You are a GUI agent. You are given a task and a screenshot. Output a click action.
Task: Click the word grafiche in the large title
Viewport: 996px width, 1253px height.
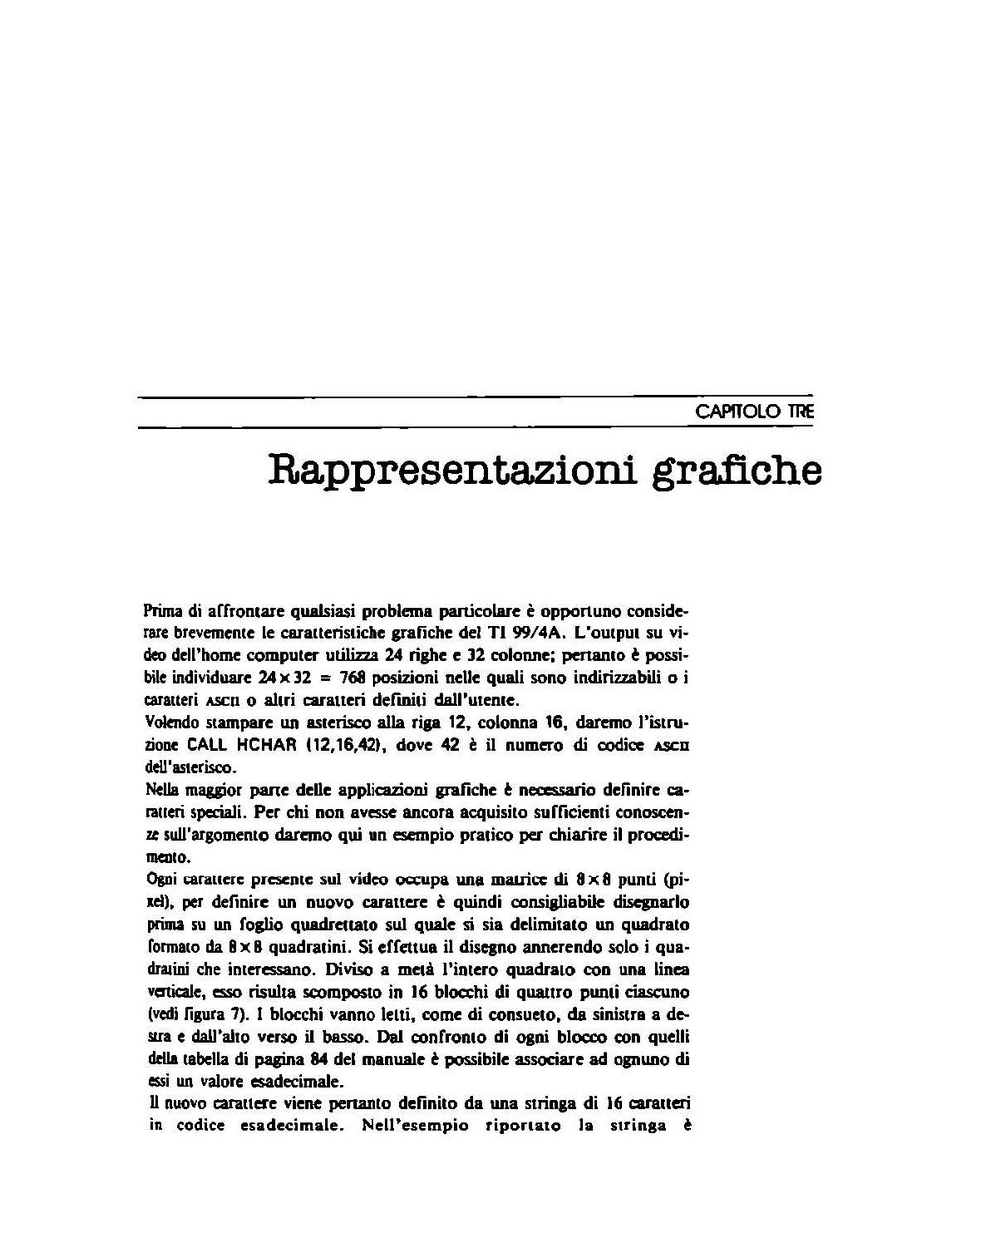(x=736, y=470)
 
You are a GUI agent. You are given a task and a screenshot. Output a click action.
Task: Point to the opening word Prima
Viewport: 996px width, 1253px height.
(x=163, y=610)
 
